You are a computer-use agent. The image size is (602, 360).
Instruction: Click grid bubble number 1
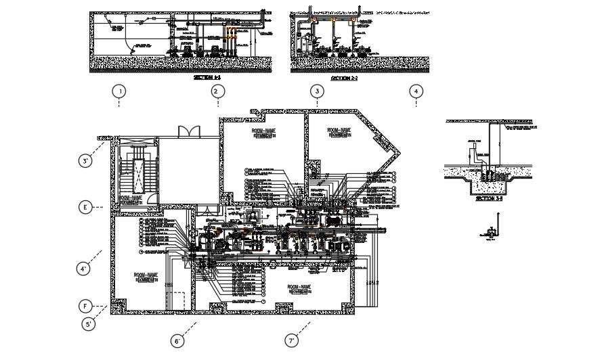click(119, 91)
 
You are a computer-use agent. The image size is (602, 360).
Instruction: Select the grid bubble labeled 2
click(216, 91)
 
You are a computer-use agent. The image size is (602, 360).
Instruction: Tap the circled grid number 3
click(316, 91)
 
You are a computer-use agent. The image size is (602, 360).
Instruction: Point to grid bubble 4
click(416, 91)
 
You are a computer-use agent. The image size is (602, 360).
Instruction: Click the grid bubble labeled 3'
click(85, 161)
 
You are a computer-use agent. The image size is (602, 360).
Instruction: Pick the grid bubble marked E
click(85, 207)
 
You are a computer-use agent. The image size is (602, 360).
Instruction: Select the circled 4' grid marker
click(84, 269)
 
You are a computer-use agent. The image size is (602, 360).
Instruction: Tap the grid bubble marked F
click(85, 305)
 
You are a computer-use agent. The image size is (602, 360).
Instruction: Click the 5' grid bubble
click(88, 325)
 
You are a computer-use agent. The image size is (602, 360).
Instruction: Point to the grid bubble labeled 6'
click(177, 342)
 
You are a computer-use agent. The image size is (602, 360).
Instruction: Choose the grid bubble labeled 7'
click(291, 342)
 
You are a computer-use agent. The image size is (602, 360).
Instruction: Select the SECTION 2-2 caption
click(344, 78)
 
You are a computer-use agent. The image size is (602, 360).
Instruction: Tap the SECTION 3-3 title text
click(490, 199)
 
